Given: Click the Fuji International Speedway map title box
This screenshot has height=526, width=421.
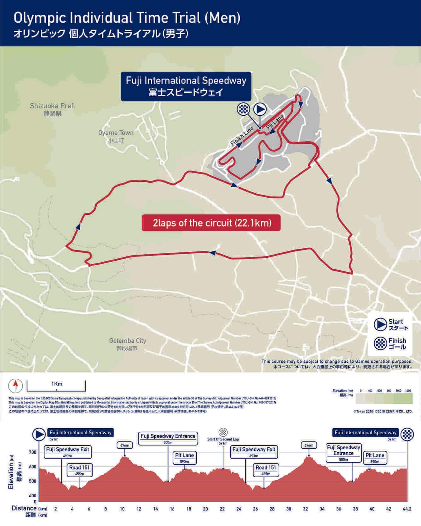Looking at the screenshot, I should pos(186,86).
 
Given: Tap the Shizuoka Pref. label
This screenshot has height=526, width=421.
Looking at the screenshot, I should pos(52,106).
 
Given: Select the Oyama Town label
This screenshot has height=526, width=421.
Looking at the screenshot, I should pos(116,133).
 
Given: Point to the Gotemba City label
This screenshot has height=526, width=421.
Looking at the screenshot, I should pos(128,341).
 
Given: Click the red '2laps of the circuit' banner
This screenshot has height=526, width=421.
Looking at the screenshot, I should pos(211,223).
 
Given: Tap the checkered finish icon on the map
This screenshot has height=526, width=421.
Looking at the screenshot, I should pos(243,109).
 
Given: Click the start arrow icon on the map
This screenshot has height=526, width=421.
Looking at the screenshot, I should pos(260,109).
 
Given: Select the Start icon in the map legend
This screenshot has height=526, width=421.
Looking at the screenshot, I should pos(380,324).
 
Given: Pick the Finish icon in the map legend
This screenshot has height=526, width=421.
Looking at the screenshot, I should pos(380,343).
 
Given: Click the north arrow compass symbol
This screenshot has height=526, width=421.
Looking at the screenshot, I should pos(15,385).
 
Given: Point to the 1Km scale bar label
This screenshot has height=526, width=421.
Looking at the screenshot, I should pos(57,384).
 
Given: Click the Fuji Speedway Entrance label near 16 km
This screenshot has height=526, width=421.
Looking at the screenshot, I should pos(168,439).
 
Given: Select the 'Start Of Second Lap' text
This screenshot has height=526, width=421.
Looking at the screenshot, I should pos(223,439).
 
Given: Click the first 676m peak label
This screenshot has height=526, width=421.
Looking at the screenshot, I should pos(125,445).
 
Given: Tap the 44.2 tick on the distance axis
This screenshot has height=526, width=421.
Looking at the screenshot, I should pos(407,509).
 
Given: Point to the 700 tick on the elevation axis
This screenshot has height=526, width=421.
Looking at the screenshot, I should pos(33,452).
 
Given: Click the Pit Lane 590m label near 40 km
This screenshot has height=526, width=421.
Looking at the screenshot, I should pos(375,458).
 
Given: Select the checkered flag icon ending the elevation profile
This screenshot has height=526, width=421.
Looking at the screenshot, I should pos(407,434).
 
